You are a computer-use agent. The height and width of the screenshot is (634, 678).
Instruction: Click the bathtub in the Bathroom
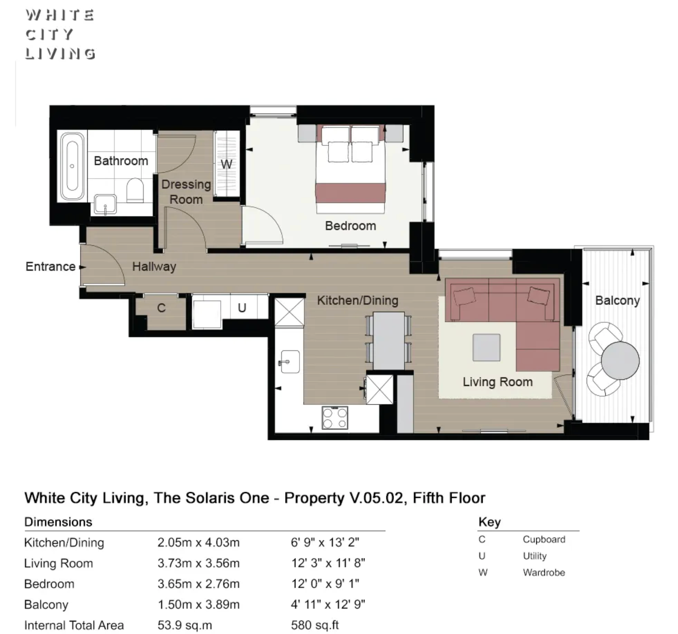pos(72,166)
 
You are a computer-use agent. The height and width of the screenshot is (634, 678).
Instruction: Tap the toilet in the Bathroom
pos(135,190)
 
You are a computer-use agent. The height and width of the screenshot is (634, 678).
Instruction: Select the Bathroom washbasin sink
pos(105,205)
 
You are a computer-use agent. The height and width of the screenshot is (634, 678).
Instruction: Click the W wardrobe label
pos(226,165)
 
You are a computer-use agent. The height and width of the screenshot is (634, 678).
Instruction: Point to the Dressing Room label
pos(186,192)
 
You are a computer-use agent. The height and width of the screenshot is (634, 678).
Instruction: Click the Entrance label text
pos(50,266)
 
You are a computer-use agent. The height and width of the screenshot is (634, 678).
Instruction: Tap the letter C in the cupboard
pos(161,308)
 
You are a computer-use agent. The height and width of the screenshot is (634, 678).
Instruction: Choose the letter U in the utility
pos(242,308)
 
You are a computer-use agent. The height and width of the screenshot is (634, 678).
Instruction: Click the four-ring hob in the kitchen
pos(335,418)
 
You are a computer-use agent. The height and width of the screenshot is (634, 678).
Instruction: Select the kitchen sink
pos(290,362)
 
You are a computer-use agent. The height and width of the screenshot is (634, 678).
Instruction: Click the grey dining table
pos(389,340)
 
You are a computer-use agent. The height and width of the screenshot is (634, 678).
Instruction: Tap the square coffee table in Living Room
pos(487,347)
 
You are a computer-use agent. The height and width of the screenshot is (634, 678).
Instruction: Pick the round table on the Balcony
pos(620,361)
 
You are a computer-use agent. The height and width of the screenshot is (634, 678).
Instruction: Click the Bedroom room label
pos(351,226)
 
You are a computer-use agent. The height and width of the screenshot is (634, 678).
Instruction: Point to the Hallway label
pos(155,267)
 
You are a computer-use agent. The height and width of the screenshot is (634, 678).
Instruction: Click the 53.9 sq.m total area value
pos(184,625)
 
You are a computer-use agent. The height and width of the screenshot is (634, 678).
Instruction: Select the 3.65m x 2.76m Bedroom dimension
pos(199,584)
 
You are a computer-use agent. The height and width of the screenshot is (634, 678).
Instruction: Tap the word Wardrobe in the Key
pos(544,572)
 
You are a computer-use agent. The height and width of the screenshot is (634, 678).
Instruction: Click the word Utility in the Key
pos(534,556)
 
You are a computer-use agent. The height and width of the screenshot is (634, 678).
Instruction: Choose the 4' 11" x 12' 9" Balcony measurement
pos(328,604)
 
